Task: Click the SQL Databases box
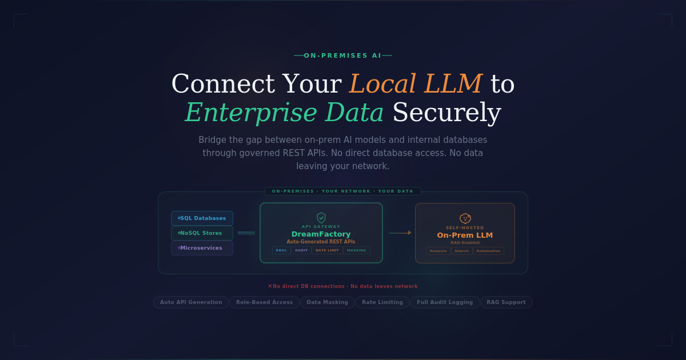point(202,218)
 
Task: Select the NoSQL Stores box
point(202,233)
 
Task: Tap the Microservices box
point(202,248)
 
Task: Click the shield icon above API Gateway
point(321,218)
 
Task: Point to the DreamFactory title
point(321,234)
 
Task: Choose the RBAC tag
point(281,250)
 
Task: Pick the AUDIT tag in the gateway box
point(301,250)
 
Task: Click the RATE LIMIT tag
point(327,250)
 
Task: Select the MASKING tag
point(357,250)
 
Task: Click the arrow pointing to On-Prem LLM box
point(400,233)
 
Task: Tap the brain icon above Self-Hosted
point(465,218)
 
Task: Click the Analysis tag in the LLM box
point(438,251)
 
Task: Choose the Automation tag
point(488,251)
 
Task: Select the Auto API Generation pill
point(191,302)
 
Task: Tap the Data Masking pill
point(327,302)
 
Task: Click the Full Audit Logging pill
point(445,302)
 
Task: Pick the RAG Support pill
point(506,302)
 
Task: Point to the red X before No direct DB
point(270,286)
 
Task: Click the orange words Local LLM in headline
point(416,84)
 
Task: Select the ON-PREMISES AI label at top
point(342,56)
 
